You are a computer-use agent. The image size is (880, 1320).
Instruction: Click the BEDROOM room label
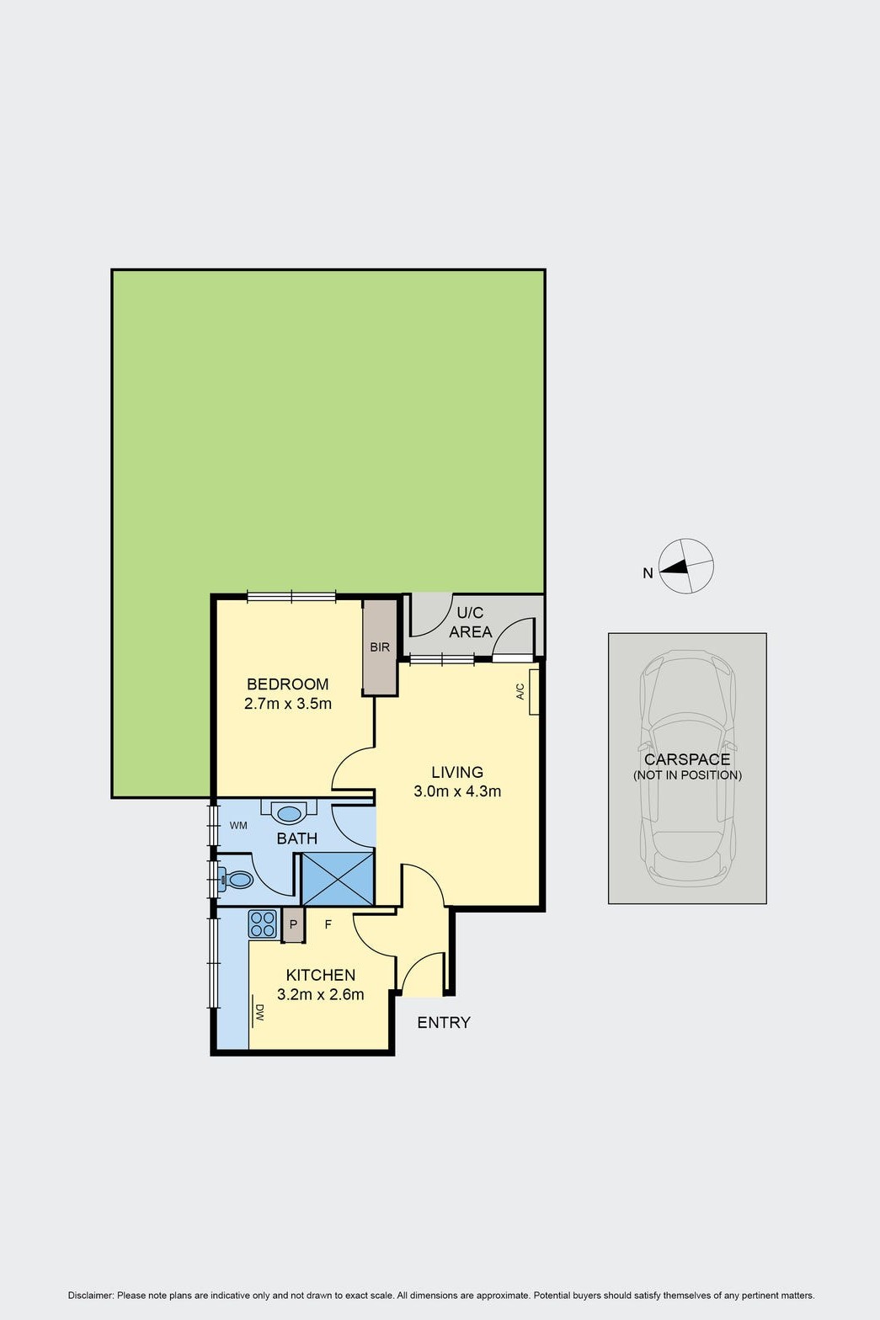pyautogui.click(x=288, y=684)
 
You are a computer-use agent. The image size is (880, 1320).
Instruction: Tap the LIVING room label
pyautogui.click(x=457, y=772)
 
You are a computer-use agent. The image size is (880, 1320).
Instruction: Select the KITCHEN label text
pyautogui.click(x=321, y=975)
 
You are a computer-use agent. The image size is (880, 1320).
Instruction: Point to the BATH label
pyautogui.click(x=297, y=838)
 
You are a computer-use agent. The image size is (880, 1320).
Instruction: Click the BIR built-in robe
pyautogui.click(x=380, y=647)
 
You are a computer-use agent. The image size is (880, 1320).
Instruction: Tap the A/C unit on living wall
pyautogui.click(x=534, y=692)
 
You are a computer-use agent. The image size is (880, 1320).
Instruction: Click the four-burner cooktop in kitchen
pyautogui.click(x=263, y=924)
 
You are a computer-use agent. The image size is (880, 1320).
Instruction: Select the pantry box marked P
pyautogui.click(x=293, y=925)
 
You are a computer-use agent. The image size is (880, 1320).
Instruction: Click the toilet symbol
pyautogui.click(x=236, y=881)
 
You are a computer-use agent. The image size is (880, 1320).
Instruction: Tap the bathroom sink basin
pyautogui.click(x=289, y=813)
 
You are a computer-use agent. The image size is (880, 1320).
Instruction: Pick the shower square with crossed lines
pyautogui.click(x=338, y=879)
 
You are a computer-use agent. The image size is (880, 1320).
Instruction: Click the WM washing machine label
pyautogui.click(x=238, y=826)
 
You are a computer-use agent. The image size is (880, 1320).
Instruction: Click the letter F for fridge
pyautogui.click(x=328, y=924)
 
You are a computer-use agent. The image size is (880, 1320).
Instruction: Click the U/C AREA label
pyautogui.click(x=471, y=622)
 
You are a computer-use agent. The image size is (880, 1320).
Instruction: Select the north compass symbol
pyautogui.click(x=685, y=566)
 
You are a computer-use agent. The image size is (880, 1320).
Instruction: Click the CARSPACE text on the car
pyautogui.click(x=687, y=759)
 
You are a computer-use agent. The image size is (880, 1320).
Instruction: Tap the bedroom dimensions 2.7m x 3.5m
pyautogui.click(x=288, y=704)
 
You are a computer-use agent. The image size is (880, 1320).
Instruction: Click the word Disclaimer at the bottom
pyautogui.click(x=90, y=1296)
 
